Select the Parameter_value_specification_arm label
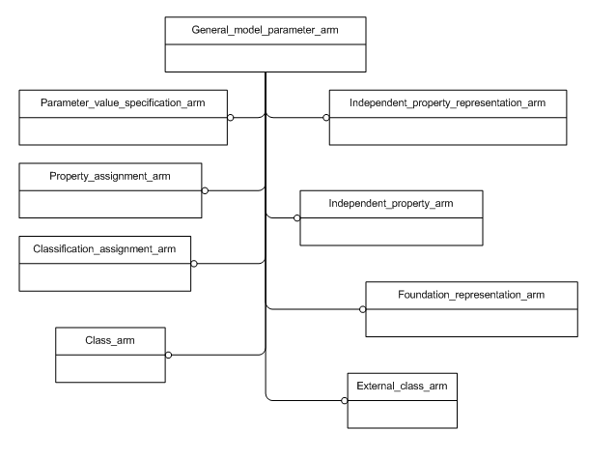[124, 102]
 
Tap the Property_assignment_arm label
[110, 177]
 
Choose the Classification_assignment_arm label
[106, 249]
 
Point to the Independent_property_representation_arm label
[446, 102]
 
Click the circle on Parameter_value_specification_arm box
[230, 117]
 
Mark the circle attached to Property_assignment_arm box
[205, 189]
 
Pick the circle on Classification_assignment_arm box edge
[194, 263]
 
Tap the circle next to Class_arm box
[168, 355]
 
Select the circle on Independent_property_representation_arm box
[325, 117]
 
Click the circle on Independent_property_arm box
[297, 217]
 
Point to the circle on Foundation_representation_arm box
[363, 309]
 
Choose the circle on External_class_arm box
[345, 400]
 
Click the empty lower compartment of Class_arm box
[111, 367]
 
